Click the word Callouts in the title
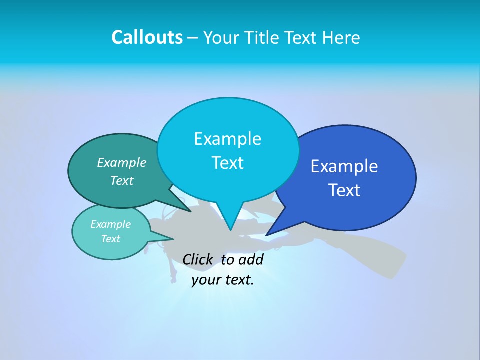tap(147, 37)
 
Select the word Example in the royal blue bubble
tap(344, 166)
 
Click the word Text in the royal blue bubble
tap(344, 190)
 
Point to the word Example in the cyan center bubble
tap(227, 139)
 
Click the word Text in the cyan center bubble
tap(227, 163)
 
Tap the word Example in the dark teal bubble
tap(121, 163)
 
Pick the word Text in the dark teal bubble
tap(121, 180)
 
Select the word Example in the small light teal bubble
tap(110, 224)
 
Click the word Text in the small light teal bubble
tap(110, 239)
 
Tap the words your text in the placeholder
tap(223, 280)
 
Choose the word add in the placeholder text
tap(250, 259)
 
